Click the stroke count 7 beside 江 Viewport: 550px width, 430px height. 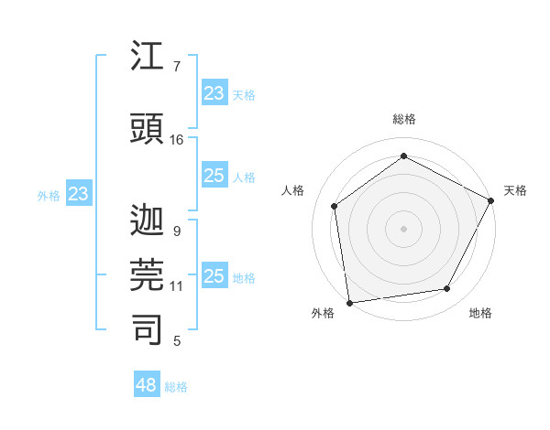(176, 67)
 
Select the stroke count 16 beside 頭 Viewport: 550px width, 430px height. (177, 140)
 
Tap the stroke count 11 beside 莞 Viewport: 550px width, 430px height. (177, 286)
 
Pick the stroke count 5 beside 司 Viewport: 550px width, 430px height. (176, 342)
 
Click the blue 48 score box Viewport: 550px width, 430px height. (147, 385)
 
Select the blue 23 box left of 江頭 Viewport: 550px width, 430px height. (78, 194)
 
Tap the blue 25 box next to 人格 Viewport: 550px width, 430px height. (214, 176)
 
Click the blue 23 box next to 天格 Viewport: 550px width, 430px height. (214, 93)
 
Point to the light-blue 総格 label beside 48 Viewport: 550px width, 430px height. (176, 387)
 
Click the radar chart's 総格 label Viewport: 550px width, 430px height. (404, 119)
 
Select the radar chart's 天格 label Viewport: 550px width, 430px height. (515, 190)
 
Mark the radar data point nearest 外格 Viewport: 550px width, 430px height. (349, 302)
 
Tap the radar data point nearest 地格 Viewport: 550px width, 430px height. (447, 288)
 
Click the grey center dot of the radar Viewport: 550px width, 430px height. (403, 228)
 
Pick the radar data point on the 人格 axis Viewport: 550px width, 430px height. (335, 206)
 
